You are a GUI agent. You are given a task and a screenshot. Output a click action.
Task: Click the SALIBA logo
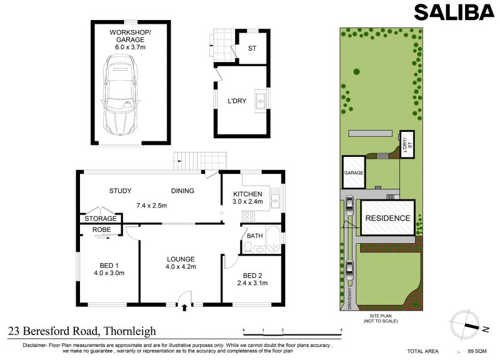tap(454, 12)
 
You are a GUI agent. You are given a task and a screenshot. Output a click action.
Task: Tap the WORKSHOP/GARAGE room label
tap(130, 36)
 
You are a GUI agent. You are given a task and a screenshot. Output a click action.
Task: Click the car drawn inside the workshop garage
tap(120, 95)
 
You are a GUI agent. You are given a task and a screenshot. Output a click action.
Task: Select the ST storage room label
tap(252, 49)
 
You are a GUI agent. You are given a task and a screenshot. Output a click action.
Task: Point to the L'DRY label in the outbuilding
tap(237, 101)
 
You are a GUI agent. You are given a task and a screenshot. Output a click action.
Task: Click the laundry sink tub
tap(261, 101)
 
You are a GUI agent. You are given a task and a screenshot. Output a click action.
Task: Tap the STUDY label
tap(120, 191)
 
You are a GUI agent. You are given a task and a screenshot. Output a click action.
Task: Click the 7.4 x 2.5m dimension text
tap(151, 206)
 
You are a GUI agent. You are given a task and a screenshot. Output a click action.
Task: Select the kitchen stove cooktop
tap(249, 217)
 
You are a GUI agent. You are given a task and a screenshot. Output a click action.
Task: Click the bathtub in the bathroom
tap(273, 239)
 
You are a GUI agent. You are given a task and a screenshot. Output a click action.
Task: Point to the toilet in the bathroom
tap(247, 247)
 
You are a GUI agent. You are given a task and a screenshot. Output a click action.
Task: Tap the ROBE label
tap(102, 229)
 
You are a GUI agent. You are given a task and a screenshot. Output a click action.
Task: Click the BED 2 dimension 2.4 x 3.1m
tap(252, 283)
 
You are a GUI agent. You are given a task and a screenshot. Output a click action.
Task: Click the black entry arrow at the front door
tap(184, 307)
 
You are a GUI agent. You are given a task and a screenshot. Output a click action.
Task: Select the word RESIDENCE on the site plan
tap(387, 218)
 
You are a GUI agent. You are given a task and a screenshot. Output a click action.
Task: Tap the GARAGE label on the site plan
tap(354, 173)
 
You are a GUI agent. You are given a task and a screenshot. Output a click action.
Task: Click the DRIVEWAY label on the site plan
tap(350, 298)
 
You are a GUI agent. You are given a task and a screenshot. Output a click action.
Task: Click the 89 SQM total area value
tap(477, 351)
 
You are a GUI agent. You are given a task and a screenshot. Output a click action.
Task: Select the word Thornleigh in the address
tap(130, 331)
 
